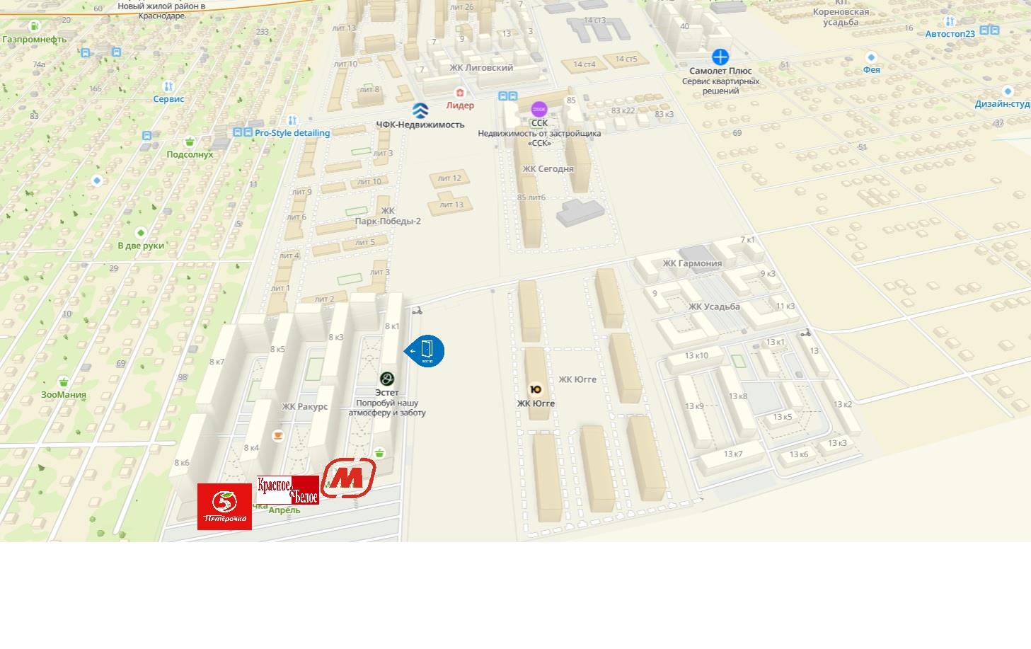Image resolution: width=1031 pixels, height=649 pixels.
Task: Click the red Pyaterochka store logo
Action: click(x=224, y=506)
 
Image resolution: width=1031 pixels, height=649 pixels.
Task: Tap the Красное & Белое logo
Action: click(x=288, y=490)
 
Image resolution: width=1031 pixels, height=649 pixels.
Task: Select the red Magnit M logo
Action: click(x=348, y=478)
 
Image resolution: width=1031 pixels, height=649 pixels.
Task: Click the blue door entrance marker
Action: click(x=427, y=351)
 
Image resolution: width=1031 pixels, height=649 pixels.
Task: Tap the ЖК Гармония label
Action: click(x=692, y=263)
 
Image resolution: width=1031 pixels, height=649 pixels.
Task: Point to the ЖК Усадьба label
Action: click(x=714, y=306)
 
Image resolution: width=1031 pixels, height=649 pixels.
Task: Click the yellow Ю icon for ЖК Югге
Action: click(x=536, y=389)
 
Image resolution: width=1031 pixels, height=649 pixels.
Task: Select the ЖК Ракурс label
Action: click(x=305, y=406)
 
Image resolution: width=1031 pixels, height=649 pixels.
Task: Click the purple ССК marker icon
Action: click(x=539, y=109)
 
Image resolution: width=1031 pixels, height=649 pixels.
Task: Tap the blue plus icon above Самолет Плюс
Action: click(x=720, y=57)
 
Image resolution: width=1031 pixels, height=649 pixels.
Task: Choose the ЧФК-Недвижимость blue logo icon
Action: click(x=420, y=110)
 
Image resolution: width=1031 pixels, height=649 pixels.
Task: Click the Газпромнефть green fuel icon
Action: click(x=35, y=26)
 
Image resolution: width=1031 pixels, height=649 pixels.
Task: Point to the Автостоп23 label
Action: click(x=950, y=34)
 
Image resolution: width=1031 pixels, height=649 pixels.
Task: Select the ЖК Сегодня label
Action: click(x=548, y=169)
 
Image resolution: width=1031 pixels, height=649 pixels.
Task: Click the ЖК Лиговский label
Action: click(x=481, y=68)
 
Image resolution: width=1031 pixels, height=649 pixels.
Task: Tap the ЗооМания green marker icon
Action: click(x=64, y=381)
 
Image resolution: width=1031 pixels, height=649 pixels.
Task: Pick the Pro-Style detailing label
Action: click(x=292, y=133)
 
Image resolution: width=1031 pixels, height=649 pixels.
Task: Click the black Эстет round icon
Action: click(x=387, y=379)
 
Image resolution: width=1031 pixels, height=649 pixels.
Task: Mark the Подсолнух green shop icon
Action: click(x=190, y=142)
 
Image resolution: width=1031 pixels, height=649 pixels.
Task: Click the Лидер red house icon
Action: click(x=460, y=93)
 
